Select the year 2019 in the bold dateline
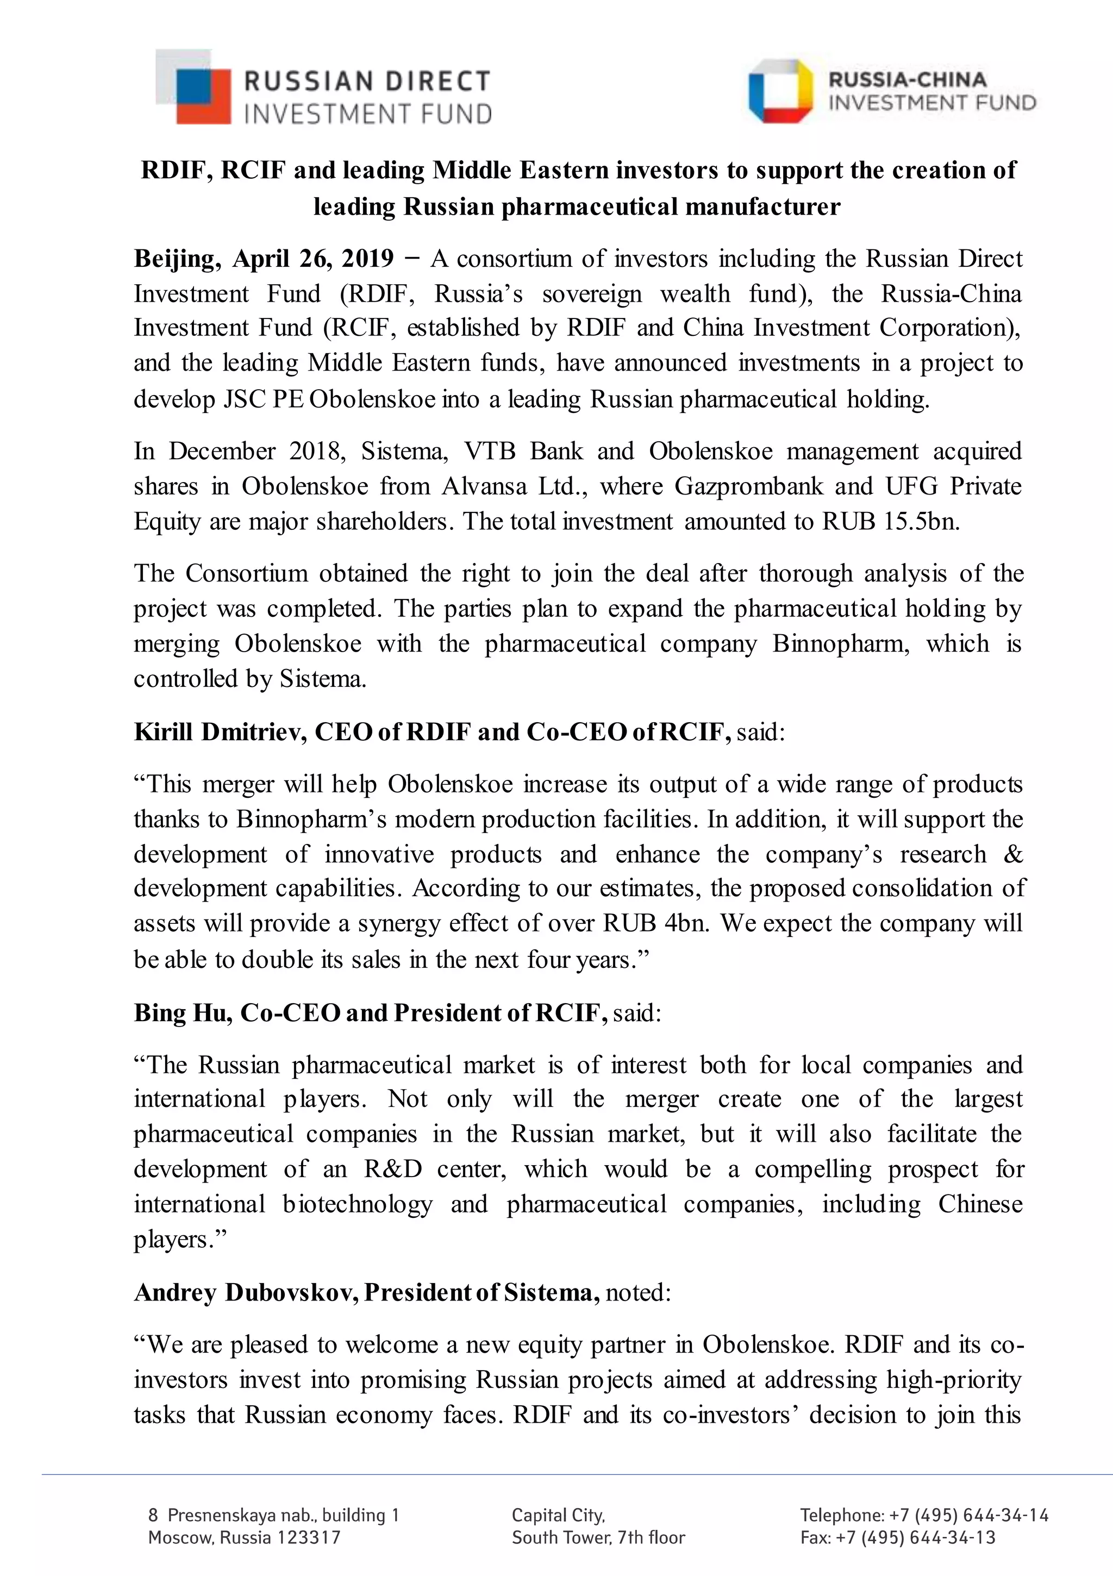click(367, 259)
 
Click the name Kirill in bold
click(164, 733)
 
